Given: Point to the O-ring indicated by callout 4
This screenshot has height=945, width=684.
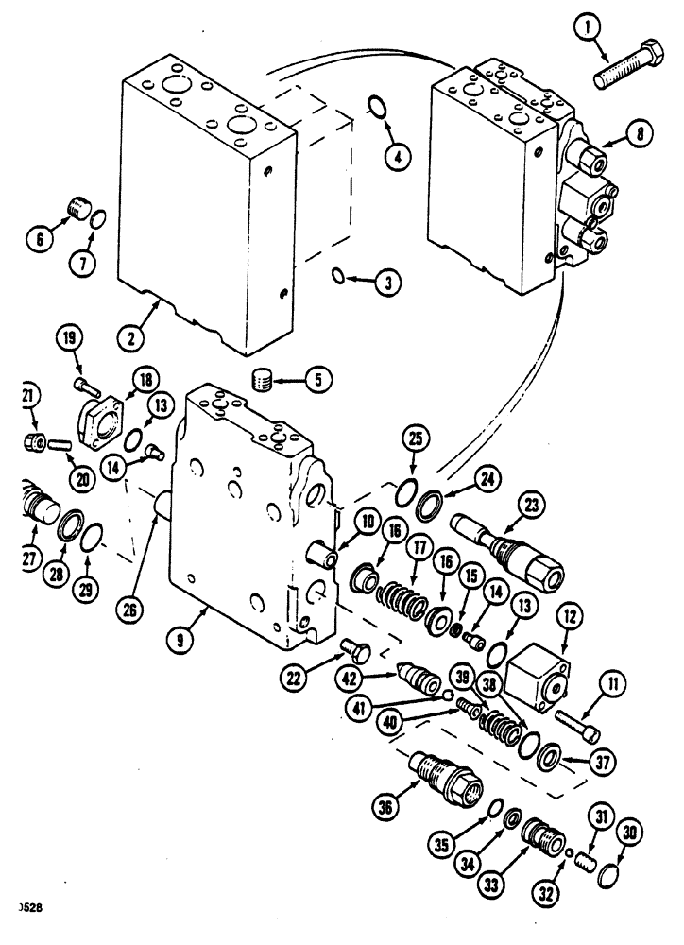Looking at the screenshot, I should pos(376,108).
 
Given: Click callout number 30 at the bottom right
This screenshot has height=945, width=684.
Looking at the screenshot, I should pos(628,833).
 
